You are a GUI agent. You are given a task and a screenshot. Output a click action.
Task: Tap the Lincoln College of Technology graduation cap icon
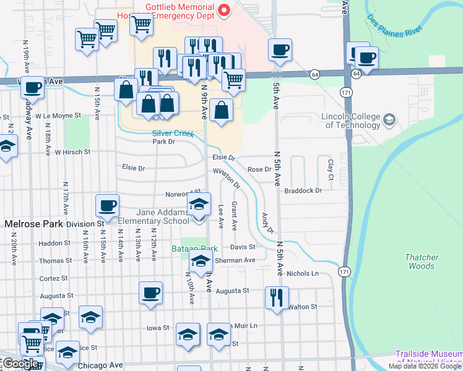pyautogui.click(x=389, y=119)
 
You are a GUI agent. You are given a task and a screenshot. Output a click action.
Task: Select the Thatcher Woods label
pyautogui.click(x=422, y=262)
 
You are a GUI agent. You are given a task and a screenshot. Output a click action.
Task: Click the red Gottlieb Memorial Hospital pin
pyautogui.click(x=225, y=10)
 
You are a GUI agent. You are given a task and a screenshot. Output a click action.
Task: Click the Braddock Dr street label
pyautogui.click(x=303, y=190)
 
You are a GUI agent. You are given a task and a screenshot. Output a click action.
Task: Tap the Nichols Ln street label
pyautogui.click(x=302, y=273)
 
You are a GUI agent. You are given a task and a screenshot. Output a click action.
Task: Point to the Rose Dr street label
pyautogui.click(x=259, y=169)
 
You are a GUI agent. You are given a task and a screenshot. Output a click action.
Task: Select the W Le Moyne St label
pyautogui.click(x=58, y=116)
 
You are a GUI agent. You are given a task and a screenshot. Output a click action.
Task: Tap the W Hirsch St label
pyautogui.click(x=72, y=151)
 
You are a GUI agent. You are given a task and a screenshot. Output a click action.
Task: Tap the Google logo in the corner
pyautogui.click(x=21, y=364)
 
